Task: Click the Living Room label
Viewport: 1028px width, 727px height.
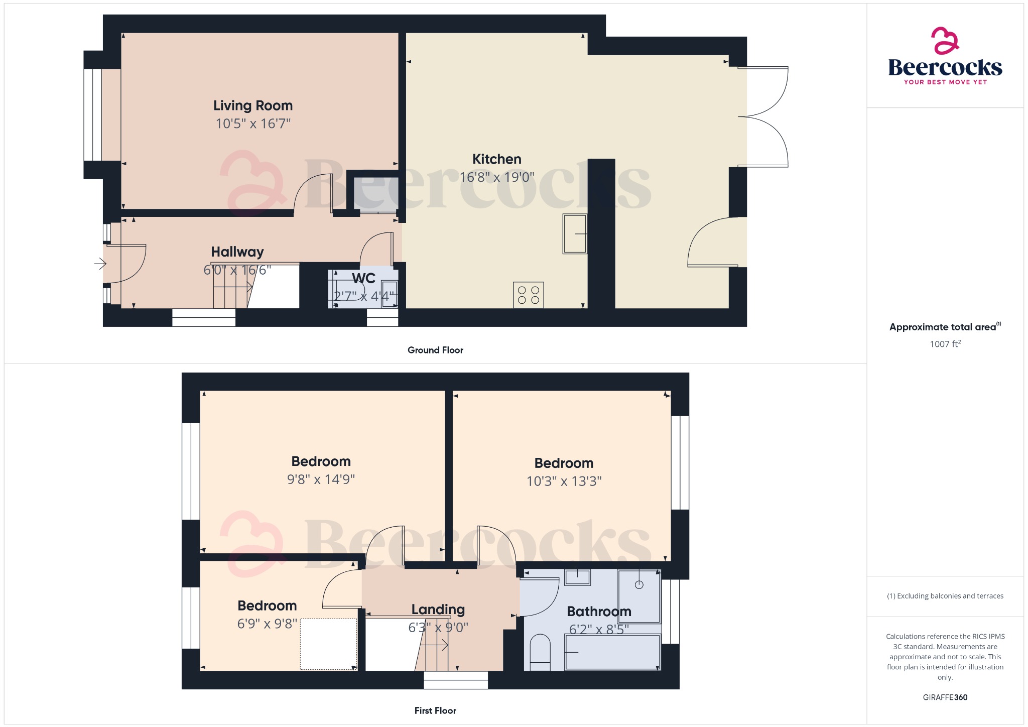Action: coord(252,105)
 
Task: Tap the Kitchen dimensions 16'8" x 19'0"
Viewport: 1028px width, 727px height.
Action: coord(497,177)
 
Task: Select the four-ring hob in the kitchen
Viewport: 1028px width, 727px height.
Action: coord(528,295)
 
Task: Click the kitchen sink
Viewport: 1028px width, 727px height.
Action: coord(575,234)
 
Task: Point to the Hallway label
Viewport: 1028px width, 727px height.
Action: coord(237,252)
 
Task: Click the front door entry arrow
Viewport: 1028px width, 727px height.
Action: coord(100,263)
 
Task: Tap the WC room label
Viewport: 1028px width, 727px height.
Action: coord(363,278)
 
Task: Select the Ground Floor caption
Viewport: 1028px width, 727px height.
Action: coord(435,350)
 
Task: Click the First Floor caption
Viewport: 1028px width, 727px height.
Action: coord(435,710)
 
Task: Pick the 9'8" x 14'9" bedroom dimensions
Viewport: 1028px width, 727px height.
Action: coord(321,479)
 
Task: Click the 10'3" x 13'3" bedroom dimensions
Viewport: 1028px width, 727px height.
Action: coord(564,481)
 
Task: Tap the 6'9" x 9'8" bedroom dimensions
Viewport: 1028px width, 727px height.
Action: coord(267,624)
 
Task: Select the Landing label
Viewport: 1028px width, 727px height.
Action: coord(438,610)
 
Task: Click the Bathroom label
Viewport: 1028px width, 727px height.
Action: coord(599,612)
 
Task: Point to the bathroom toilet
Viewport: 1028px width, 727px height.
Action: coord(540,652)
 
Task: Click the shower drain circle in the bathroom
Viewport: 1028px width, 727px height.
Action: coord(639,585)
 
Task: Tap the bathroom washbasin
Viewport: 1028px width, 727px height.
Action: coord(577,577)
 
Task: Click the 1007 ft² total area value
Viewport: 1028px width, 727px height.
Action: coord(945,344)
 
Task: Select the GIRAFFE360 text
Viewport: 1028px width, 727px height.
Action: coord(945,697)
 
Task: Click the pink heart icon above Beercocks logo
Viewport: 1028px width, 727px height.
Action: coord(945,41)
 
